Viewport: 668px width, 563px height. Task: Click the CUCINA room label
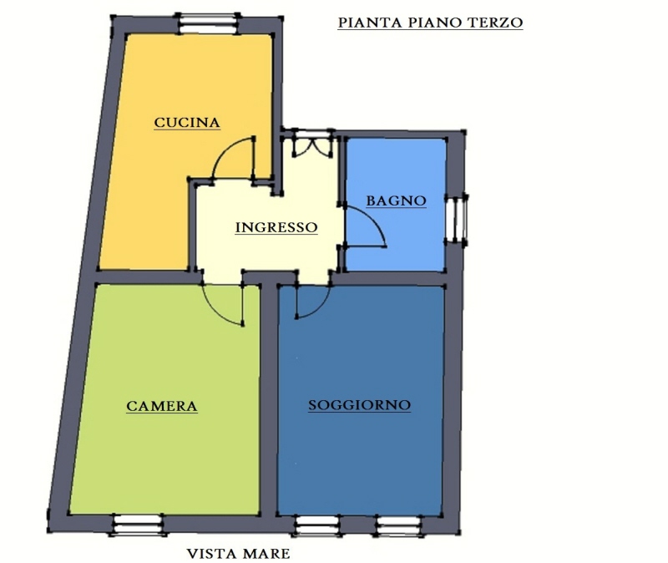pos(187,123)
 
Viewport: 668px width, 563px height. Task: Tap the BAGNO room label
pos(396,200)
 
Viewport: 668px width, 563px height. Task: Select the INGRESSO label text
pos(276,227)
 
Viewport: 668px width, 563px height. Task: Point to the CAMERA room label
pos(162,406)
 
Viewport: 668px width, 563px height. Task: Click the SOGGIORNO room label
pos(360,405)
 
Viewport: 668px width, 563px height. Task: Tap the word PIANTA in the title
pos(370,23)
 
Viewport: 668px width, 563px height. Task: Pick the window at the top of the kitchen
pos(207,23)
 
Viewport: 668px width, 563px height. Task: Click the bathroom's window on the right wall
pos(458,220)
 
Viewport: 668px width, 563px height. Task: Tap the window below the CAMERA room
pos(138,525)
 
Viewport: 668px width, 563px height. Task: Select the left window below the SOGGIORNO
pos(316,525)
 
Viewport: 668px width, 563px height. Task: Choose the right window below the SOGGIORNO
pos(398,525)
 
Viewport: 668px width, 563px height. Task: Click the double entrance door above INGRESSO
pos(312,143)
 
